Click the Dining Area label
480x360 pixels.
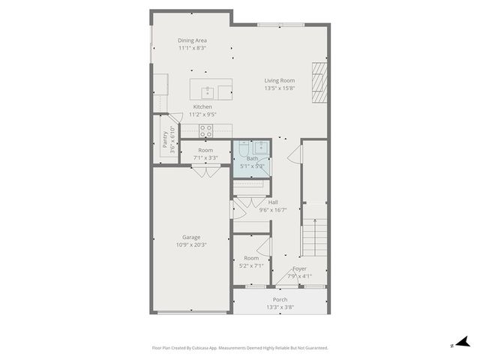pos(192,40)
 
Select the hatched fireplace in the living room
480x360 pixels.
pos(320,81)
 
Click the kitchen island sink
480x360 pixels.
pos(208,92)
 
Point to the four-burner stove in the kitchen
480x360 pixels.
pos(206,130)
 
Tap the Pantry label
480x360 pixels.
pos(165,139)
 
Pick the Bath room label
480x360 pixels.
pos(252,159)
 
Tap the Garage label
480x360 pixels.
pos(190,237)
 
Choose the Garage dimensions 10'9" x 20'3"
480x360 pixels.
pos(190,244)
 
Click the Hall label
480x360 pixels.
pos(273,202)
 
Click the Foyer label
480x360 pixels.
pos(299,268)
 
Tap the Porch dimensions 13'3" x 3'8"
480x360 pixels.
pos(279,307)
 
